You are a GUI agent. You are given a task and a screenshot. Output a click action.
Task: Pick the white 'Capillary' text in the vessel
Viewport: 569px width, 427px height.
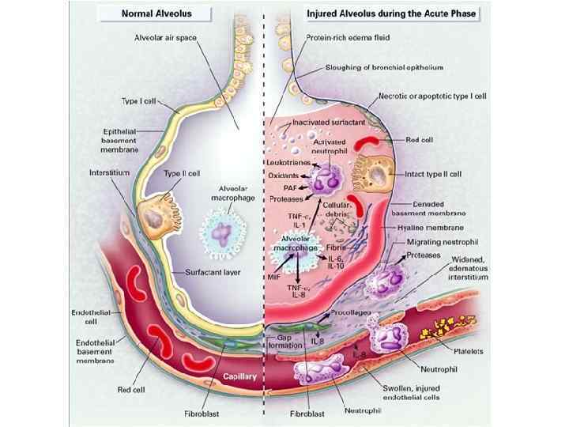pyautogui.click(x=240, y=377)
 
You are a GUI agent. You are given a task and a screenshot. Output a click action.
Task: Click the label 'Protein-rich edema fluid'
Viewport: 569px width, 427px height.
pyautogui.click(x=347, y=37)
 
